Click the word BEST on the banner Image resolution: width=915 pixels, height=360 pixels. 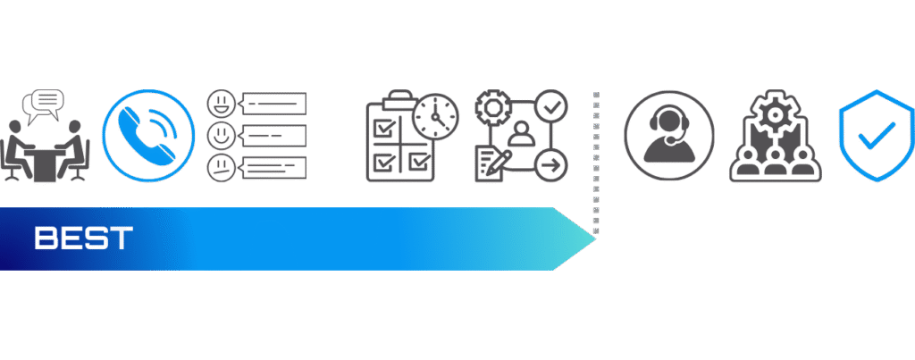[x=83, y=238]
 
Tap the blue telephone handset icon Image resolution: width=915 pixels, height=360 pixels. [x=147, y=136]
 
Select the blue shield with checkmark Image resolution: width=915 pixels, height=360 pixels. [x=876, y=136]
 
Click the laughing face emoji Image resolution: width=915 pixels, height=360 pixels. [x=222, y=104]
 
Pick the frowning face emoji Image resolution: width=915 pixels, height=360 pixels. [x=222, y=168]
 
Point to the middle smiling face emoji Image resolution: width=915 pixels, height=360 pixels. [x=222, y=136]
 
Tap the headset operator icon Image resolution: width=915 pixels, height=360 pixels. [x=668, y=136]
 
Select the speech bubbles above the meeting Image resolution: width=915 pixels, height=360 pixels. [x=43, y=105]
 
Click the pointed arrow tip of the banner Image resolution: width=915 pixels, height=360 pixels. [x=595, y=239]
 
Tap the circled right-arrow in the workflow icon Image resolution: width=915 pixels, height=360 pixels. [x=550, y=165]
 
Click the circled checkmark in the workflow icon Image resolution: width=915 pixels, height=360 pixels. [x=550, y=105]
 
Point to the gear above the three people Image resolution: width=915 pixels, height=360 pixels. [x=775, y=113]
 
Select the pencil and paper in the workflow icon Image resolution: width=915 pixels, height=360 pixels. [x=493, y=165]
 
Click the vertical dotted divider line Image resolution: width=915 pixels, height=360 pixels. [x=596, y=163]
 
